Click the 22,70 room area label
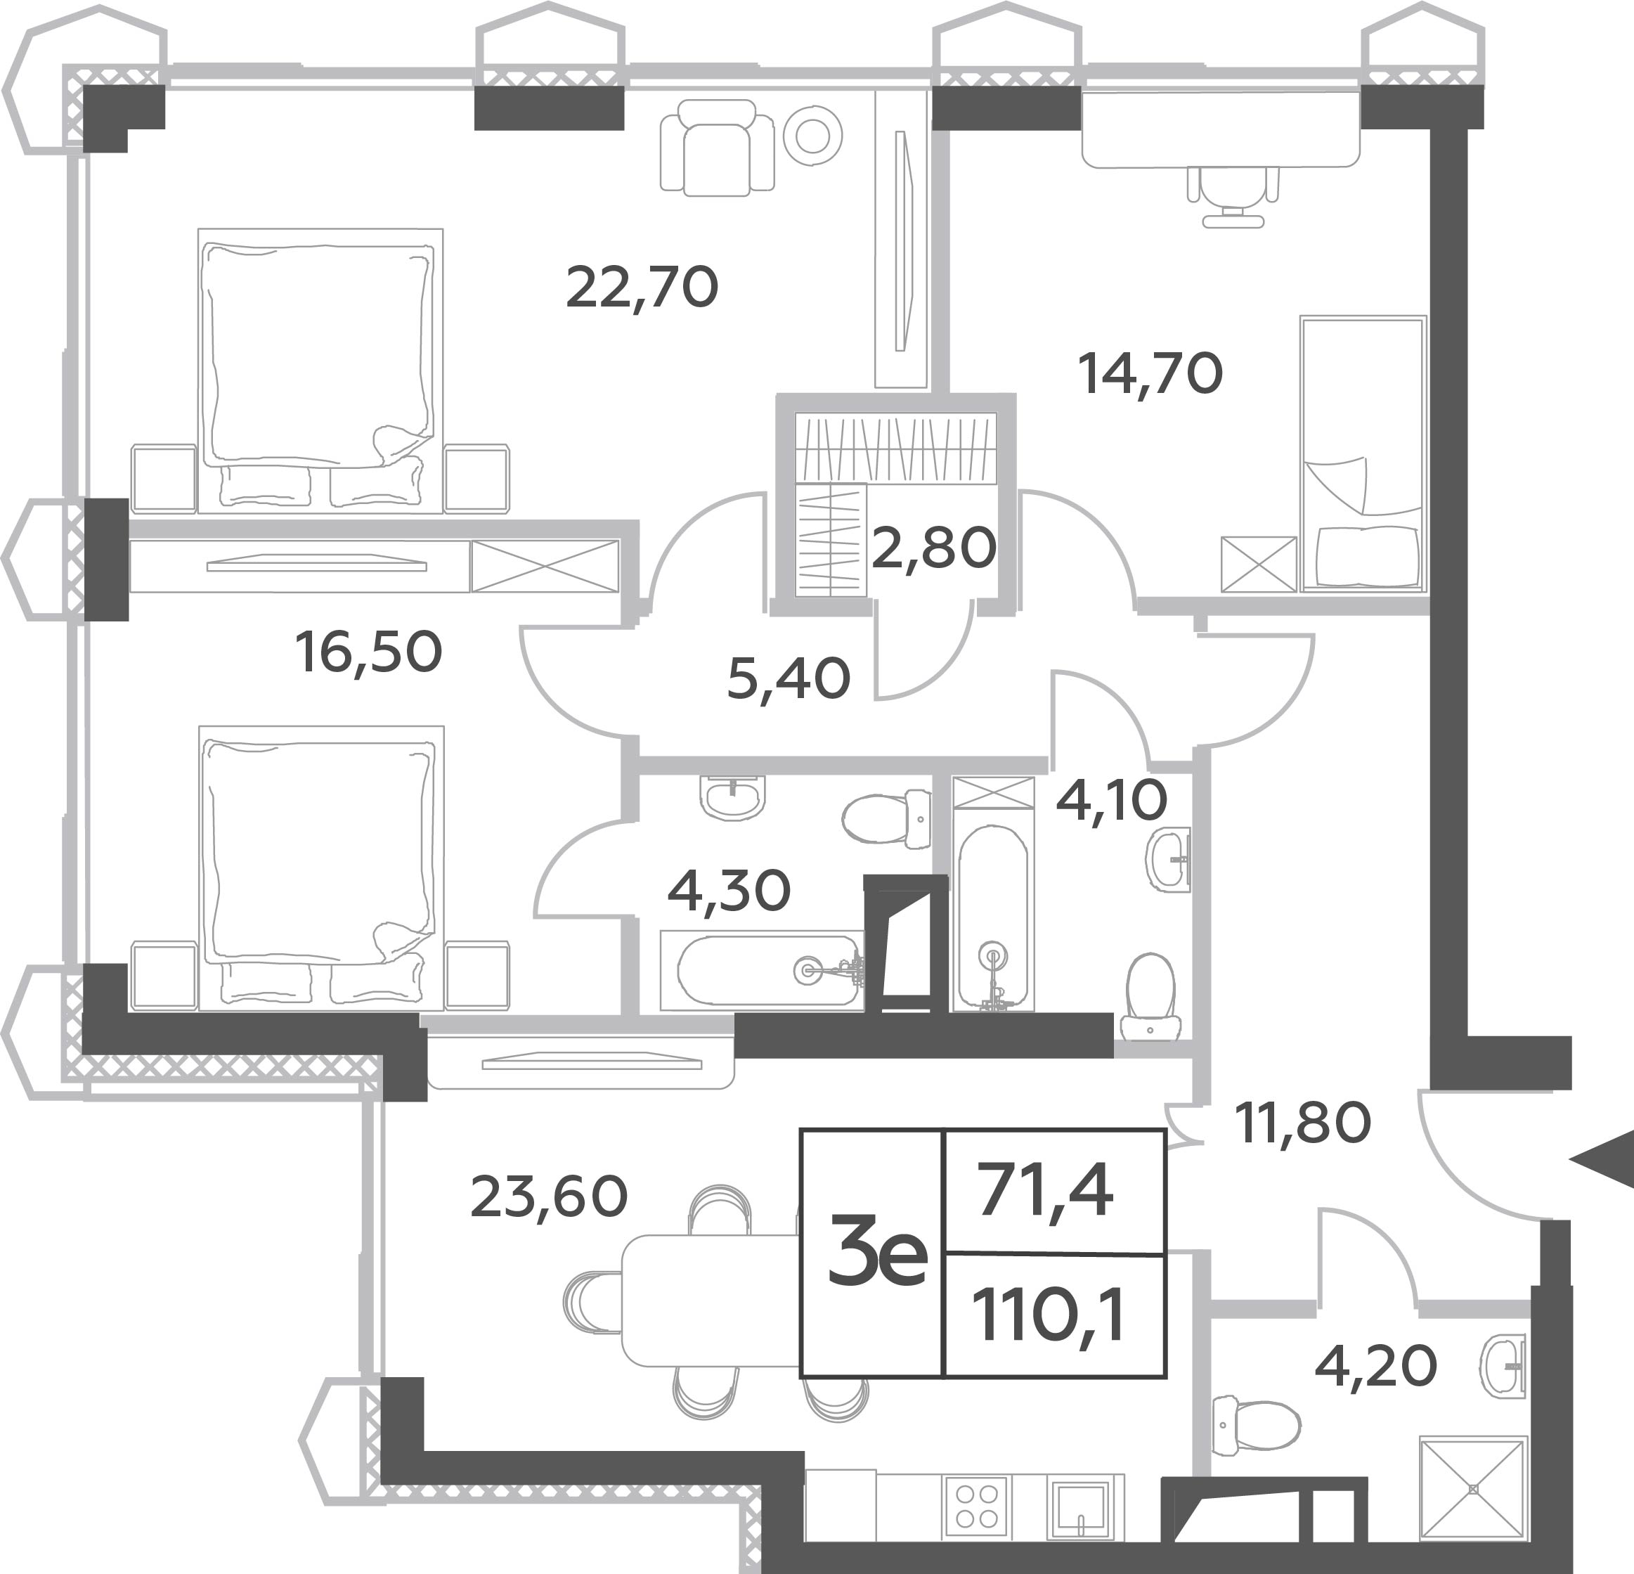[x=642, y=288]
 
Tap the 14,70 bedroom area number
[x=1150, y=373]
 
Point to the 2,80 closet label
[x=934, y=548]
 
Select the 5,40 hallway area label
[x=789, y=678]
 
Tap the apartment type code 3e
[x=877, y=1250]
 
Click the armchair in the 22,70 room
[x=717, y=148]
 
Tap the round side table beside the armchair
[x=812, y=135]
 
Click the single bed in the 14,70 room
[x=1363, y=453]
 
